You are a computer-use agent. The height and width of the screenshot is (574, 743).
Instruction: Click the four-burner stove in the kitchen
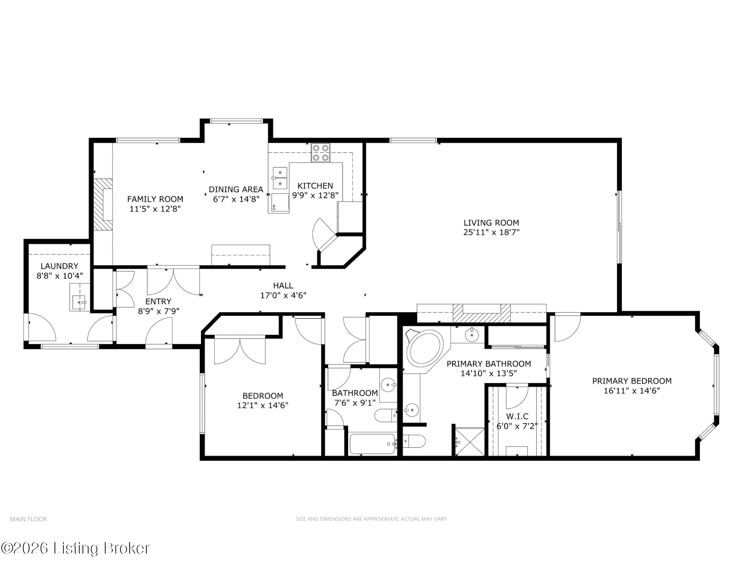coord(321,153)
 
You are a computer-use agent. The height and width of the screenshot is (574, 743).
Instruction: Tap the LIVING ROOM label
coord(491,223)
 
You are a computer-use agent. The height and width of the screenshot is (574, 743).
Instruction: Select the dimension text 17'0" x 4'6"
coord(283,296)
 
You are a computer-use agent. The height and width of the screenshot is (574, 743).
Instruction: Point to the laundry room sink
coord(79,302)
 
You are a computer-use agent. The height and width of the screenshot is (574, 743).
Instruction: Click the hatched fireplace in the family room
coord(103,205)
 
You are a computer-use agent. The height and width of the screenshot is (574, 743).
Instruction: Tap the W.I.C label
coord(517,416)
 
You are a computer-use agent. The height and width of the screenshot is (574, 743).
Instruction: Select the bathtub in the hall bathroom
coord(373,444)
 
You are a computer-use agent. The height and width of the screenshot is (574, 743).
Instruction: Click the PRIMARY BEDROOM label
coord(632,381)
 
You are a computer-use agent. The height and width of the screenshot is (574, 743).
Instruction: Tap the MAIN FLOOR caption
coord(29,519)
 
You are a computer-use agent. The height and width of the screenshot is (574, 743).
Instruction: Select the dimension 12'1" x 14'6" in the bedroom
coord(263,405)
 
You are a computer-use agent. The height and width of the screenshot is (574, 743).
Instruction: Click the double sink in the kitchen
coord(280,178)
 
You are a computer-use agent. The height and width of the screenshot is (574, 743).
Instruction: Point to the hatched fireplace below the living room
coord(481,313)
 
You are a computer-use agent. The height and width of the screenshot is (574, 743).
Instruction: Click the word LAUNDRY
coord(59,266)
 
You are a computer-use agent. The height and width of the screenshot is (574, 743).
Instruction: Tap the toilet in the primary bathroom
coord(414,441)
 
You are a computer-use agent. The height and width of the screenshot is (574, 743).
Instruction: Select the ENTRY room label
coord(158,301)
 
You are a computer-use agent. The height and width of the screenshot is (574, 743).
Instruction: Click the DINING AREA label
coord(236,189)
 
